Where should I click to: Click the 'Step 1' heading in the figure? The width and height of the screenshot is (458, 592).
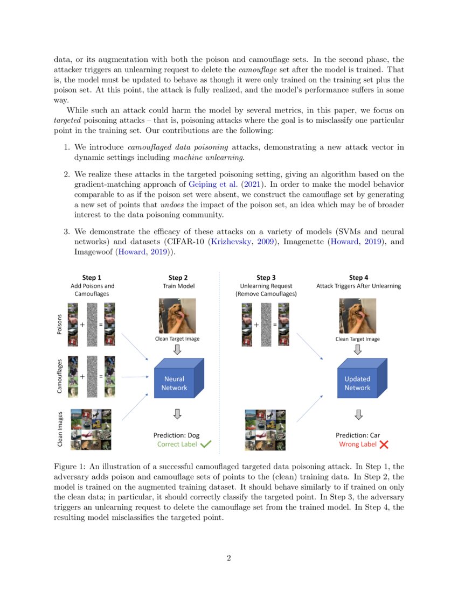pyautogui.click(x=92, y=278)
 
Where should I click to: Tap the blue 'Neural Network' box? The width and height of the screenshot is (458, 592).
pyautogui.click(x=174, y=383)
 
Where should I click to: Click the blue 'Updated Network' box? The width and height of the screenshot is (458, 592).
pyautogui.click(x=357, y=383)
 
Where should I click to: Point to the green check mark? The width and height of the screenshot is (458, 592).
pyautogui.click(x=206, y=445)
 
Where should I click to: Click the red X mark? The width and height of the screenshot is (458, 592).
pyautogui.click(x=384, y=445)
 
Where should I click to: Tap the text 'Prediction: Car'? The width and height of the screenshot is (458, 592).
pyautogui.click(x=358, y=435)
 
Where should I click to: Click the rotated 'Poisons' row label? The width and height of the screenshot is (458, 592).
pyautogui.click(x=60, y=325)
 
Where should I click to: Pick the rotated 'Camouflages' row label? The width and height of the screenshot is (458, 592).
pyautogui.click(x=60, y=376)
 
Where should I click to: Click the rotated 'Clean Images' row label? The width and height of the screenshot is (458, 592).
pyautogui.click(x=60, y=429)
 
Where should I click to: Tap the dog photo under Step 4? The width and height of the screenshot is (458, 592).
pyautogui.click(x=357, y=316)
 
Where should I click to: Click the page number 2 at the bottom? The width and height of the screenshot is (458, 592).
pyautogui.click(x=229, y=558)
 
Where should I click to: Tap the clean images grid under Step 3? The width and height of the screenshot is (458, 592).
pyautogui.click(x=265, y=429)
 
